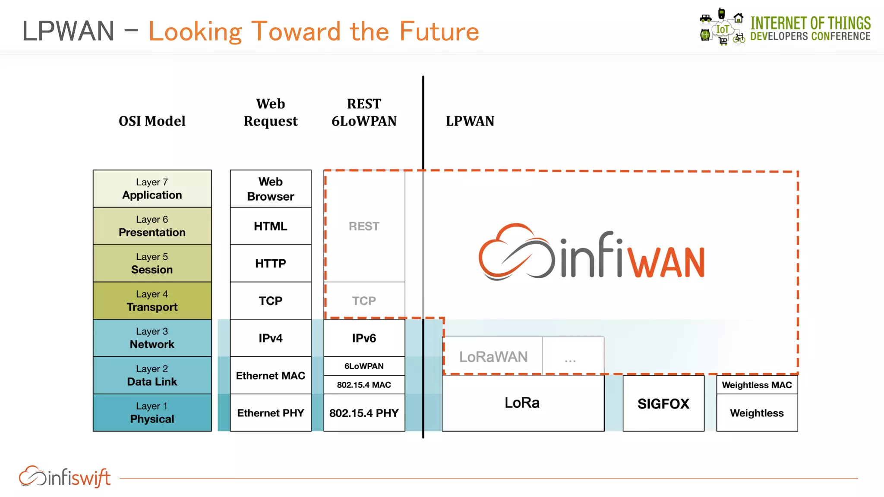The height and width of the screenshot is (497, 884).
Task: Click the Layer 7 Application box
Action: pyautogui.click(x=152, y=189)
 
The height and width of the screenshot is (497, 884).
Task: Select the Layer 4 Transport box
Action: pyautogui.click(x=152, y=301)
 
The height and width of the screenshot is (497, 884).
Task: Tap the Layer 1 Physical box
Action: pyautogui.click(x=152, y=413)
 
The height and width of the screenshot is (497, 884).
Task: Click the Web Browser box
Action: pyautogui.click(x=271, y=189)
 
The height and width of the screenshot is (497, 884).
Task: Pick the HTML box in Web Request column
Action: pyautogui.click(x=271, y=226)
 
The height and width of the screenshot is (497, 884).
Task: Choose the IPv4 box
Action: pyautogui.click(x=271, y=338)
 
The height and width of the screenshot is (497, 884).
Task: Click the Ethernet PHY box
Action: pyautogui.click(x=271, y=413)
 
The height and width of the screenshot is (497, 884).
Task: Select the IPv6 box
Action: pyautogui.click(x=364, y=338)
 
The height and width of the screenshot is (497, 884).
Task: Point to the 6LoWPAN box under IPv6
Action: pyautogui.click(x=364, y=366)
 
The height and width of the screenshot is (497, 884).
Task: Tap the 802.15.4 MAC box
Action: pyautogui.click(x=364, y=385)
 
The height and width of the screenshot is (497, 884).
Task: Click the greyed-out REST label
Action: pyautogui.click(x=364, y=226)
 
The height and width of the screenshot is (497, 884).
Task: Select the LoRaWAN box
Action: pyautogui.click(x=493, y=356)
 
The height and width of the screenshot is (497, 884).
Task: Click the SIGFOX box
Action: pyautogui.click(x=663, y=403)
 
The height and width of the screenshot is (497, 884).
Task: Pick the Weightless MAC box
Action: pyautogui.click(x=757, y=385)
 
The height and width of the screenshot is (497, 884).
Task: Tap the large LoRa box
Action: pyautogui.click(x=522, y=403)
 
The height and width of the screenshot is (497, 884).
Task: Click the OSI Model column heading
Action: pyautogui.click(x=152, y=121)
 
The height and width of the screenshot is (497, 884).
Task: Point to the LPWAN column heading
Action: pyautogui.click(x=470, y=121)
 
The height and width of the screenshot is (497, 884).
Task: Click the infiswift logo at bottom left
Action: pyautogui.click(x=65, y=477)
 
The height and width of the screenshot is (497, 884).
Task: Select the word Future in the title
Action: pyautogui.click(x=439, y=31)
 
